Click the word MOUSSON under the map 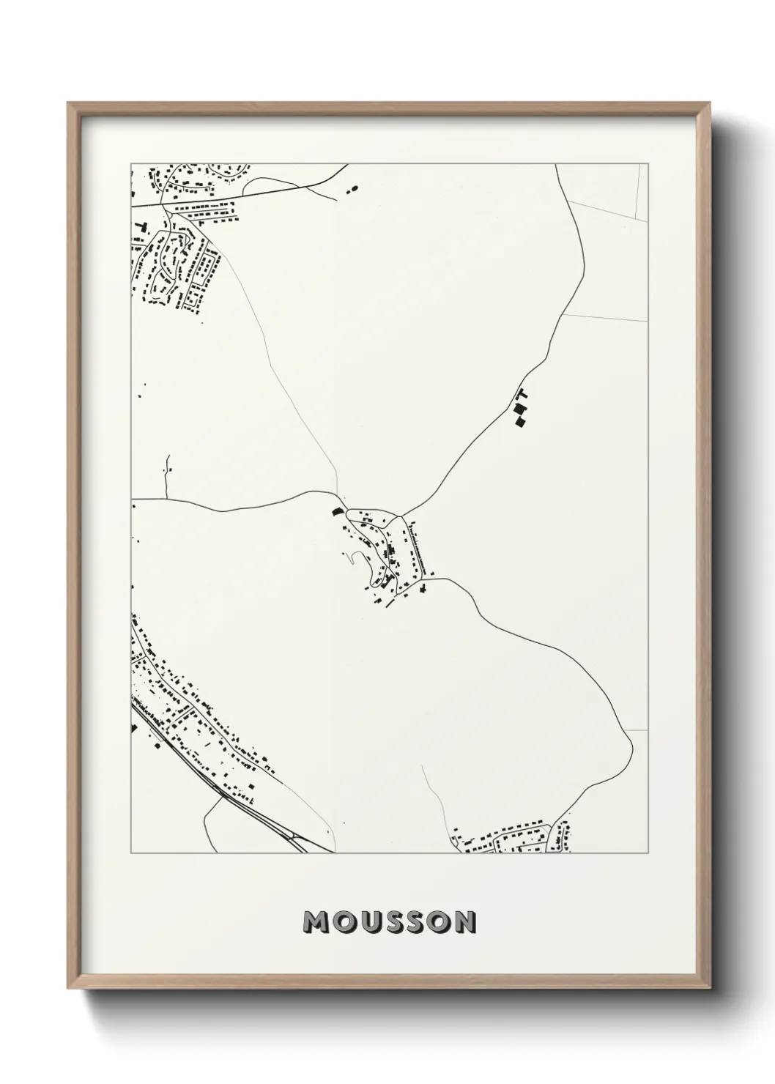[390, 922]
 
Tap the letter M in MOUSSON [316, 922]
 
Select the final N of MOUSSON [464, 922]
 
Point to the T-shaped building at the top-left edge [143, 224]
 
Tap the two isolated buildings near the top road [349, 190]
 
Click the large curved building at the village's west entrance [337, 512]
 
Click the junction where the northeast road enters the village [398, 516]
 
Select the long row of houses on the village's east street [418, 546]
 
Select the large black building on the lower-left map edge [133, 728]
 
